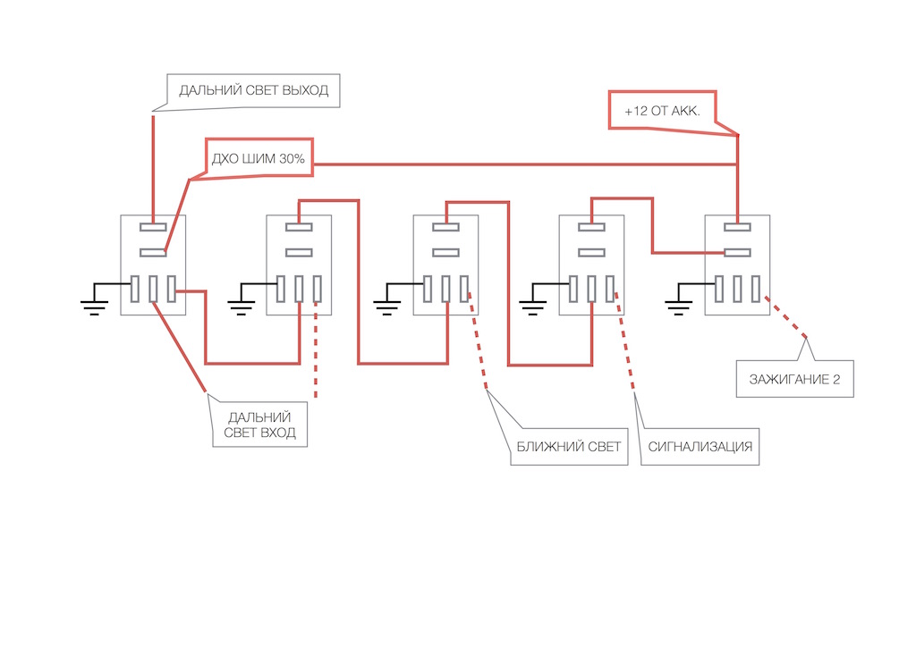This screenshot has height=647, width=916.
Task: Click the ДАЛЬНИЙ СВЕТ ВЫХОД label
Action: click(254, 90)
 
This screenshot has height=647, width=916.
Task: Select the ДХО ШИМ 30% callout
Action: click(259, 159)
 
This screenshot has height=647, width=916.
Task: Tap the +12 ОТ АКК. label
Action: click(661, 110)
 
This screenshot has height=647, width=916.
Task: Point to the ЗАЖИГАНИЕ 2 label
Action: click(794, 379)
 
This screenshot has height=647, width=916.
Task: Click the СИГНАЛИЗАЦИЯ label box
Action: click(700, 446)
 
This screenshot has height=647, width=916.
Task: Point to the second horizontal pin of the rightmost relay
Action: click(738, 253)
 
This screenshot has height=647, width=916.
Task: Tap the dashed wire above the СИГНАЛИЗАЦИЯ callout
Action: click(623, 349)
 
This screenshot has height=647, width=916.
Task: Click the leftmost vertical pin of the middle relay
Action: click(427, 290)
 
